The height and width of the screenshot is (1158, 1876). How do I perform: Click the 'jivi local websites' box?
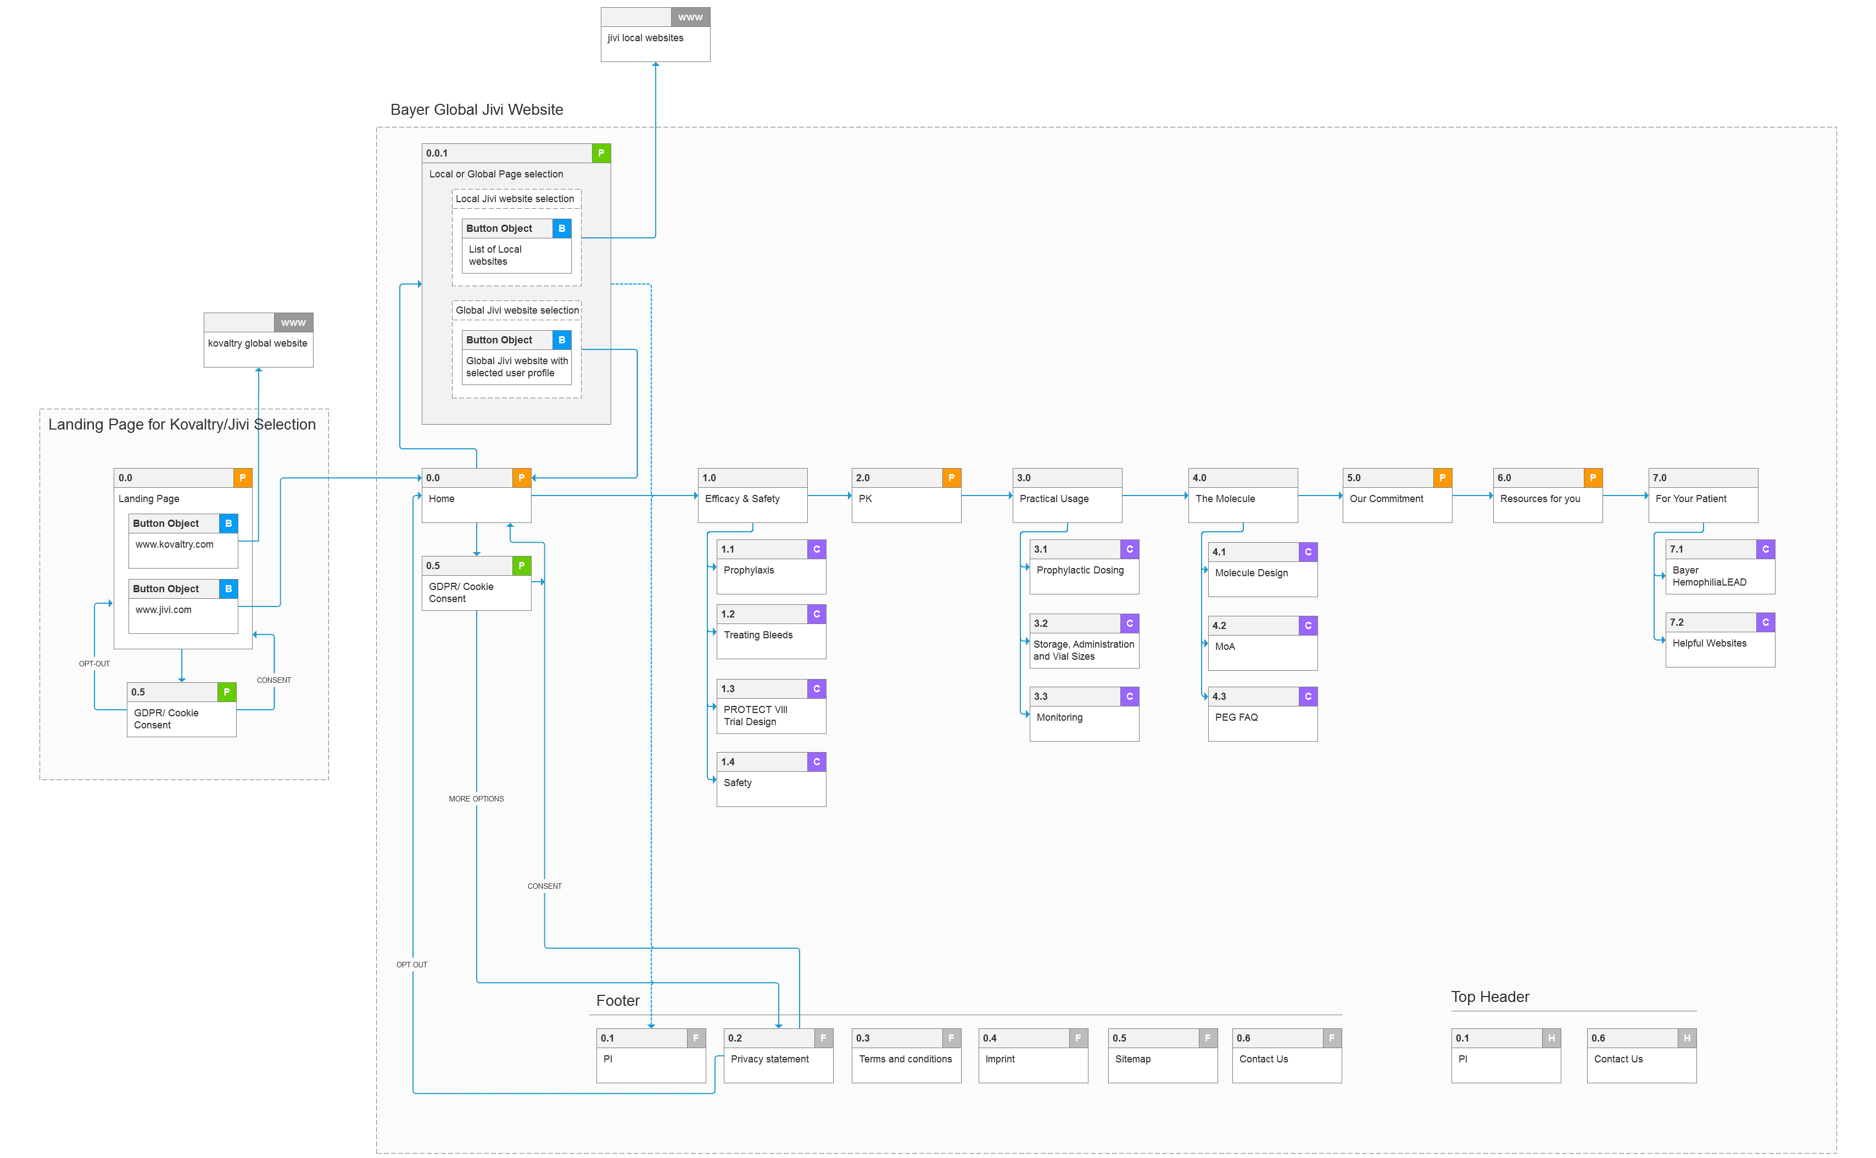(x=656, y=35)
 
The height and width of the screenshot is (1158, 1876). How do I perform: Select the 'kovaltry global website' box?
(x=258, y=340)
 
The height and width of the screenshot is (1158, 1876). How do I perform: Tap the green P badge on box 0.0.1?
(x=601, y=153)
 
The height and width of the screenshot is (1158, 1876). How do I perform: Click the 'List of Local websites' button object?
(x=516, y=246)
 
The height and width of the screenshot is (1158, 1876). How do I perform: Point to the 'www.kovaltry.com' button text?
(x=175, y=544)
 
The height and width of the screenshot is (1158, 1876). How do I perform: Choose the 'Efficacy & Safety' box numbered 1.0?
(x=753, y=496)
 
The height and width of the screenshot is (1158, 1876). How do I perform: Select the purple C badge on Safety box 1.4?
(x=817, y=762)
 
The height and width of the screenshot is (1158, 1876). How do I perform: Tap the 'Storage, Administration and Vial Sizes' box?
(x=1084, y=641)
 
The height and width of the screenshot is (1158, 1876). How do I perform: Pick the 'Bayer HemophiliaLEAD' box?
(x=1720, y=567)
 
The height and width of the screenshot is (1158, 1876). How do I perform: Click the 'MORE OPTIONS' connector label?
(x=476, y=799)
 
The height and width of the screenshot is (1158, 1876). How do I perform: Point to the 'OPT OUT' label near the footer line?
(x=412, y=965)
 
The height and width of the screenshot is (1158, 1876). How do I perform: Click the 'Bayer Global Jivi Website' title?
(x=477, y=109)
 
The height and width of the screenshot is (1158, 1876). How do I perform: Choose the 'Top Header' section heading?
(x=1490, y=996)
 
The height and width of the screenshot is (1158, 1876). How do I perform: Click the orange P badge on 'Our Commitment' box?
(x=1443, y=478)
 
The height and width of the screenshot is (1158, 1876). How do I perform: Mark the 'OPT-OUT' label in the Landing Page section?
(x=94, y=664)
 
